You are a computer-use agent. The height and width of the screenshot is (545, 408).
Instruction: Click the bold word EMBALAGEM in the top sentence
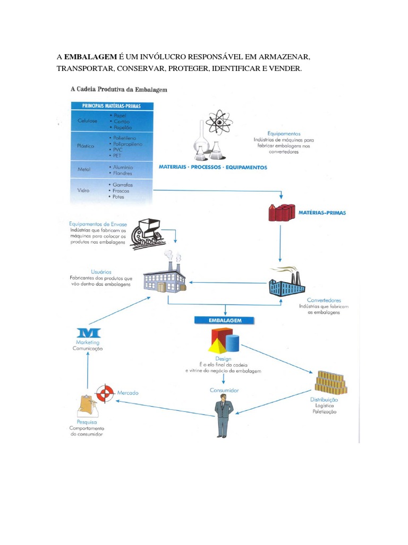tap(87, 56)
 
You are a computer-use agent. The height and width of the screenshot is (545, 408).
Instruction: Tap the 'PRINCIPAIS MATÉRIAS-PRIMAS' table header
tap(112, 106)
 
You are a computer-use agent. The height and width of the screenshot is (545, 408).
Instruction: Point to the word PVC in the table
tap(115, 150)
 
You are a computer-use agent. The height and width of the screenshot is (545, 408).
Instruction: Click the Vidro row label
tap(82, 191)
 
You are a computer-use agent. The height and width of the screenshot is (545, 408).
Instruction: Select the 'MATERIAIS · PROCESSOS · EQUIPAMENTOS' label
tap(212, 167)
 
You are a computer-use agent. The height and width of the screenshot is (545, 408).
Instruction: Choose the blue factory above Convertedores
tap(285, 283)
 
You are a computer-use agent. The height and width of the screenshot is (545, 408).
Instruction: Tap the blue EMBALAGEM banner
tap(225, 321)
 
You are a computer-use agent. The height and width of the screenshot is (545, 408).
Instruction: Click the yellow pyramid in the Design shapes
tap(217, 346)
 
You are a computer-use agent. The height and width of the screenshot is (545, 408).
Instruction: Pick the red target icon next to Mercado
tap(105, 393)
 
